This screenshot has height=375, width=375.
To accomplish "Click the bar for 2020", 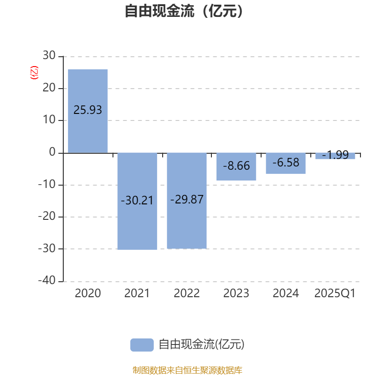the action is [88, 111].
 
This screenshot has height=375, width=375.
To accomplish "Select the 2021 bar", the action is [137, 201].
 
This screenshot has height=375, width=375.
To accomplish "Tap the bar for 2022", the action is [187, 201].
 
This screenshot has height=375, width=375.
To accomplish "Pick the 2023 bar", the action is [236, 167].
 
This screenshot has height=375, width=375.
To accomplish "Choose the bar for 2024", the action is [286, 163].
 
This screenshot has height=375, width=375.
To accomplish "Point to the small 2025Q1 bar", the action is [335, 156].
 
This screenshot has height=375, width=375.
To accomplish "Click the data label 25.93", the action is [88, 110].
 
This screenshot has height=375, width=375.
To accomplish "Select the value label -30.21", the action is [137, 201].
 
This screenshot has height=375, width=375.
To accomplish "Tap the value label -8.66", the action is [236, 166].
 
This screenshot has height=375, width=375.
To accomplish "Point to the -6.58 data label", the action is [286, 162].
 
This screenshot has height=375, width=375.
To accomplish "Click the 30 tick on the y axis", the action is [49, 55].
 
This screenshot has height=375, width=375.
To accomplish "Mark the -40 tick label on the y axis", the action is [47, 280].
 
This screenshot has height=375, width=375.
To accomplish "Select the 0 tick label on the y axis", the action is [52, 152].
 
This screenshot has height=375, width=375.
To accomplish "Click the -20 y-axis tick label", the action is [47, 216].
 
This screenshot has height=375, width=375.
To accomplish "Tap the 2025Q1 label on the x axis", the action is [335, 293].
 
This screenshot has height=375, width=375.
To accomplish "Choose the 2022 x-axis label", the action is [187, 293].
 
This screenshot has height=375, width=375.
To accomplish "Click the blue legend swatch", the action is [142, 345].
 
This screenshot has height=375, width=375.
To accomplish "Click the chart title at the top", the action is [184, 11].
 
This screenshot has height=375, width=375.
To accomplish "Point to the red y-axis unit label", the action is [34, 73].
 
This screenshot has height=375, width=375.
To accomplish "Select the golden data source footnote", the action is [187, 370].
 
